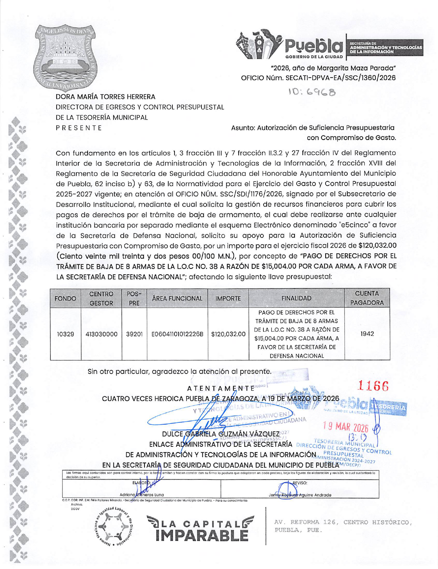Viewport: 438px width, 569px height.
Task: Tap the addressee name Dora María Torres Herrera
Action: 106,97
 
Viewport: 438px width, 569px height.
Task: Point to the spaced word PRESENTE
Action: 79,128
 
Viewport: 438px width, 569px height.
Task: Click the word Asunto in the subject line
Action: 243,128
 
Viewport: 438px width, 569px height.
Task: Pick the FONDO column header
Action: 65,298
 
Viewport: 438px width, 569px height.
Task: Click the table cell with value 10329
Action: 65,334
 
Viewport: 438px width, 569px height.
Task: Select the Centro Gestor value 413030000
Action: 101,334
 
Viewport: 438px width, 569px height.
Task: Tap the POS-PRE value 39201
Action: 134,334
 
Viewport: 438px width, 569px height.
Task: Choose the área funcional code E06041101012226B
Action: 177,334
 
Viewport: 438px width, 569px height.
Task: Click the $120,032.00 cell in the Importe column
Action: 228,334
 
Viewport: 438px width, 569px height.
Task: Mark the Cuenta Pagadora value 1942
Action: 367,334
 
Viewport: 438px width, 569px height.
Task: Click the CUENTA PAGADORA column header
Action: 367,298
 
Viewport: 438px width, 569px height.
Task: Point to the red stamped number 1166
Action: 374,386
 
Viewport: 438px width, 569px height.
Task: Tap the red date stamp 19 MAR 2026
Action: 346,427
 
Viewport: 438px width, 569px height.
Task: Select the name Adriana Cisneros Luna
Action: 141,495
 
